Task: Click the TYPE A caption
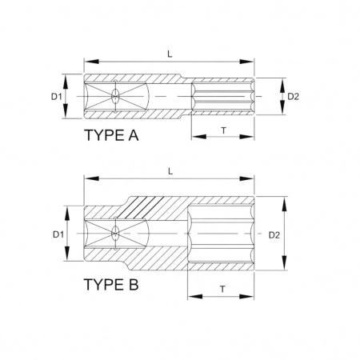pyautogui.click(x=111, y=135)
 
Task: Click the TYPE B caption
pyautogui.click(x=111, y=284)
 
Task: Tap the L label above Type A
pyautogui.click(x=170, y=54)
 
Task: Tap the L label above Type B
pyautogui.click(x=170, y=171)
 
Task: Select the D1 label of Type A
pyautogui.click(x=57, y=97)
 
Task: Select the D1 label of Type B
pyautogui.click(x=58, y=234)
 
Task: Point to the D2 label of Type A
pyautogui.click(x=294, y=97)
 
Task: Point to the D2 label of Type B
pyautogui.click(x=274, y=235)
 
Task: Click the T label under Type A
pyautogui.click(x=224, y=130)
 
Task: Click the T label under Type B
pyautogui.click(x=222, y=289)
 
